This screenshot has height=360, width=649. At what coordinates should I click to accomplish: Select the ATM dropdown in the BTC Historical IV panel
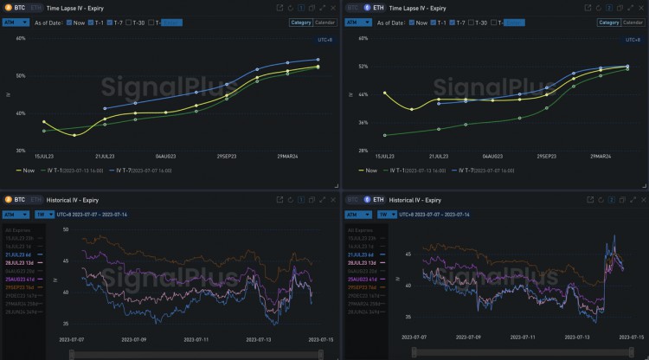(16, 214)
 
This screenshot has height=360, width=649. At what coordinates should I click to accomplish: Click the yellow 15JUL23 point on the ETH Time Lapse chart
(384, 93)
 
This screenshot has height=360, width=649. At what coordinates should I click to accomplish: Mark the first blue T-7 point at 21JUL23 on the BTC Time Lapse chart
(105, 109)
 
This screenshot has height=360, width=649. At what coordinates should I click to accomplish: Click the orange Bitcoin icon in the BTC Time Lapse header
(8, 7)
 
